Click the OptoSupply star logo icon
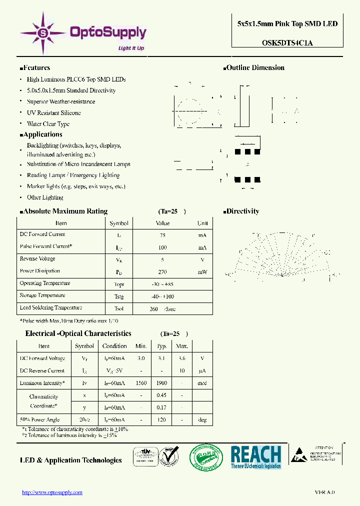[x=42, y=33]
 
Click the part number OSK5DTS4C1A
[x=287, y=42]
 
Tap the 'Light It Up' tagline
[x=131, y=48]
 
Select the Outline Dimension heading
[x=255, y=68]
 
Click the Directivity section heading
[x=242, y=211]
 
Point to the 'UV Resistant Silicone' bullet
[x=53, y=113]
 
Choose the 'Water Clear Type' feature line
[x=48, y=124]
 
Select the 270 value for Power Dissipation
[x=162, y=272]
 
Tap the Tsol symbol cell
[x=119, y=309]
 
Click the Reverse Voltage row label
[x=37, y=259]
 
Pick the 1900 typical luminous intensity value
[x=161, y=383]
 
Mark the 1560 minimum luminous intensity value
[x=141, y=383]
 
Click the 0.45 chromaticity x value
[x=161, y=395]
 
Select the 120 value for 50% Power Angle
[x=161, y=420]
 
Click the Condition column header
[x=114, y=346]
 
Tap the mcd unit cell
[x=202, y=383]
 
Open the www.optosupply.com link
[x=52, y=492]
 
